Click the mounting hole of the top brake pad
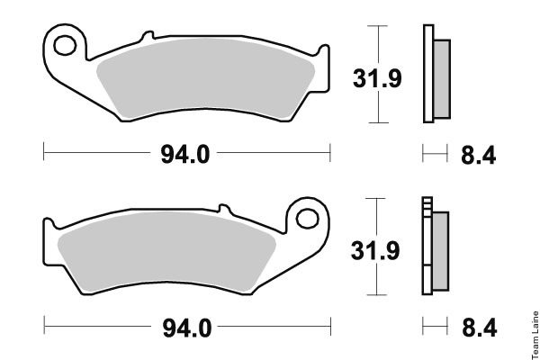coord(65,45)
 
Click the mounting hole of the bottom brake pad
coord(307,219)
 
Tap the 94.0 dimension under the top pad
coord(184,154)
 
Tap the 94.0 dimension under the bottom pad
coord(187,328)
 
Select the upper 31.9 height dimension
coord(377,78)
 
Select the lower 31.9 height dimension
coord(375,250)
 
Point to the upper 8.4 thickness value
coord(479,155)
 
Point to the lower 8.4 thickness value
coord(480,328)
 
